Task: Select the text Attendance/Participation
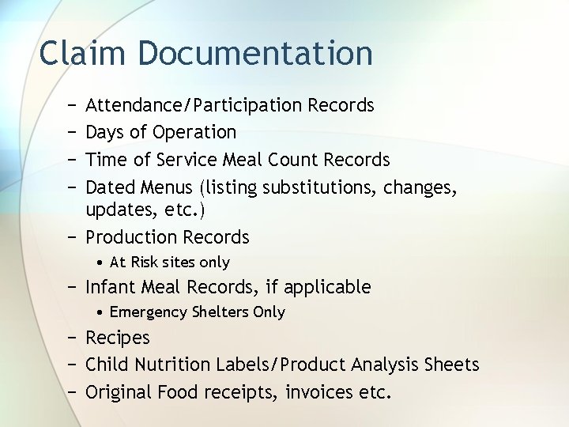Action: (194, 105)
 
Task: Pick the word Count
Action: (297, 160)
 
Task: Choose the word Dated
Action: (110, 187)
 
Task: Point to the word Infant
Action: (109, 287)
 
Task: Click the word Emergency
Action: (149, 312)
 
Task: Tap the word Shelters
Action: (220, 312)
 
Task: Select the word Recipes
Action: (117, 338)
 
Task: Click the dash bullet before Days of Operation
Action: (72, 132)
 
